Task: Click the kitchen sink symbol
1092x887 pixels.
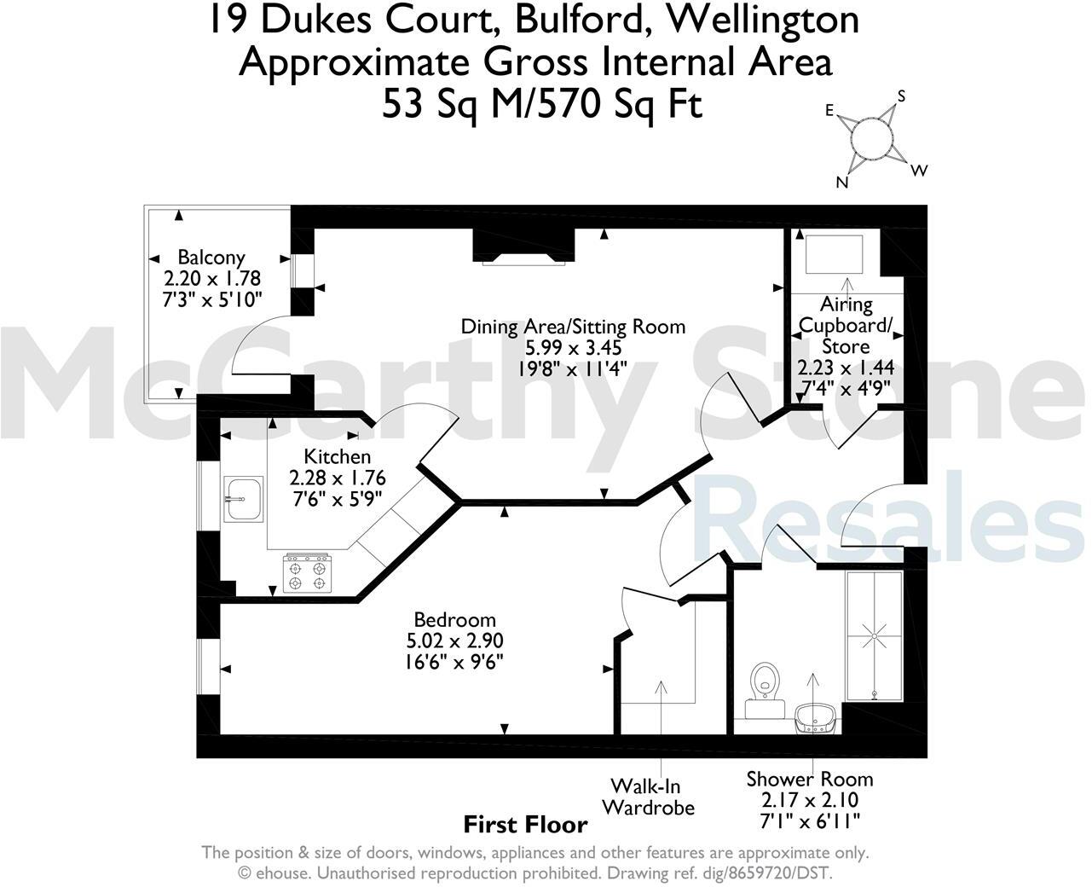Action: (244, 499)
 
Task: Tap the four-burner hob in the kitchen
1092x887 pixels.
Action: (307, 573)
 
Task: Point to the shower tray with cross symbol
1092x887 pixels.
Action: (874, 635)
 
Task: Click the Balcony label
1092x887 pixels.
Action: (211, 257)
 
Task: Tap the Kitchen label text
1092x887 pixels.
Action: (338, 457)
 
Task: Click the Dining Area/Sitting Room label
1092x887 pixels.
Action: (573, 326)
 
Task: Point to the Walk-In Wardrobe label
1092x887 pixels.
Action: (649, 797)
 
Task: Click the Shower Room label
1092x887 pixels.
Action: (809, 779)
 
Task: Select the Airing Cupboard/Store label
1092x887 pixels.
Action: (846, 325)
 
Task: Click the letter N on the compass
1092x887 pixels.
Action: (842, 183)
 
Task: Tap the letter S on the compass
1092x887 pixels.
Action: (902, 96)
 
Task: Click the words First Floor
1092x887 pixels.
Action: (525, 825)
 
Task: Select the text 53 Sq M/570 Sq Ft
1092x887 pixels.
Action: (542, 105)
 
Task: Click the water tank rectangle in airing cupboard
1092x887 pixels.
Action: (835, 253)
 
